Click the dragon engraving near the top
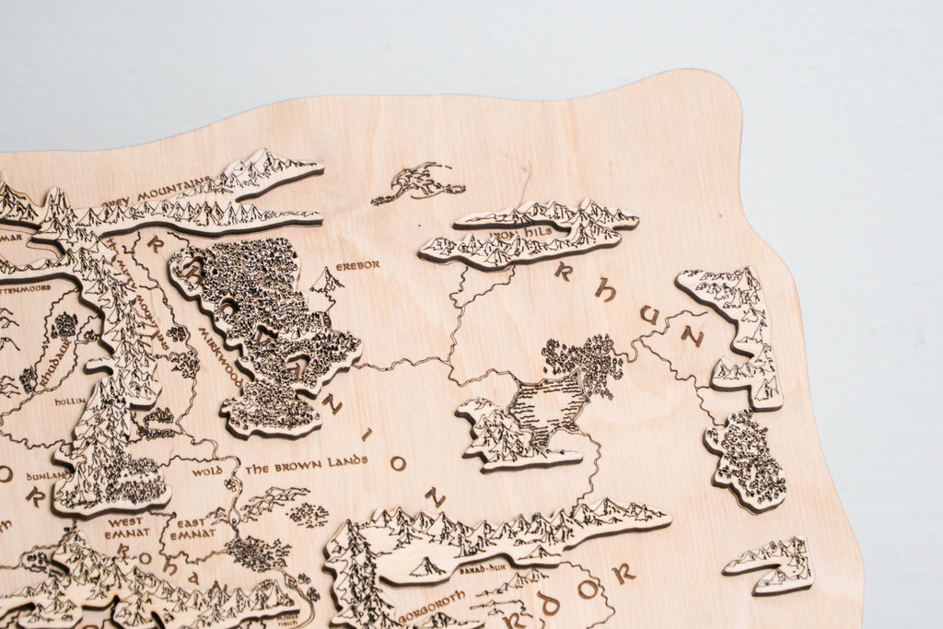point(419,181)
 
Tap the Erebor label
point(357,265)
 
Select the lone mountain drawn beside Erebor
point(325,281)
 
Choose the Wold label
point(207,472)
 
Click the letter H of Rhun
point(605,290)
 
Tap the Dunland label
point(46,475)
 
